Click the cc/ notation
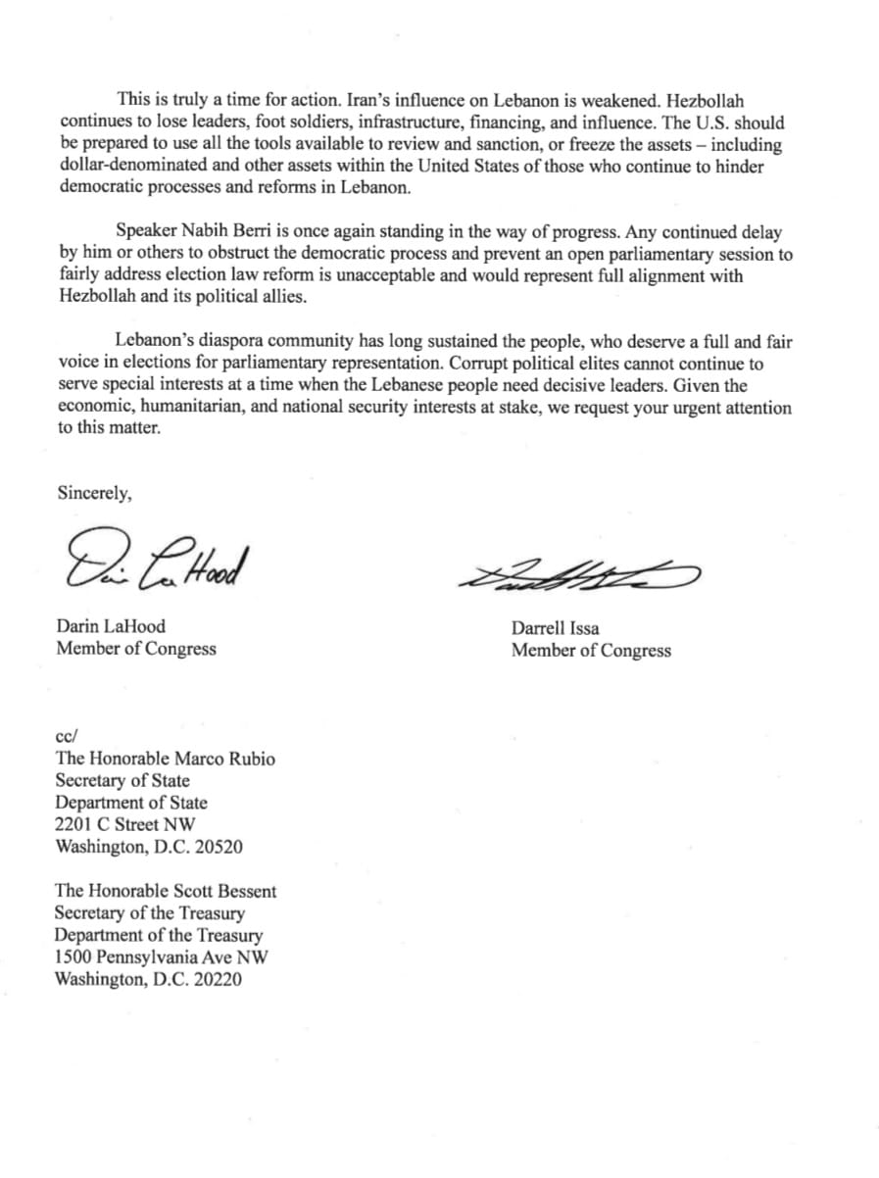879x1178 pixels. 66,736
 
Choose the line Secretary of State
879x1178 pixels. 122,781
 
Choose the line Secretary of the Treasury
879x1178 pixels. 150,913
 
